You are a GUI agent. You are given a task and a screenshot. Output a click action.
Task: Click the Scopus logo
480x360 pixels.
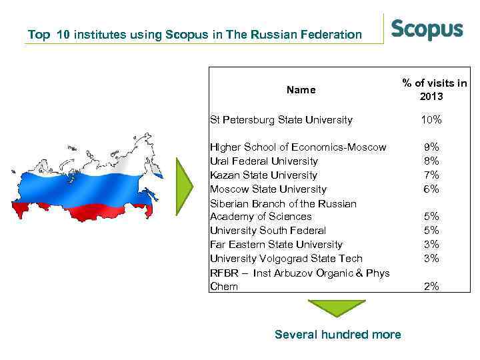click(x=426, y=30)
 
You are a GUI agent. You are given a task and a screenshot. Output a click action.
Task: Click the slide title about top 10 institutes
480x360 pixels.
click(x=195, y=34)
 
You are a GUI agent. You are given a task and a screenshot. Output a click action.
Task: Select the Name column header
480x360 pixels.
click(x=301, y=89)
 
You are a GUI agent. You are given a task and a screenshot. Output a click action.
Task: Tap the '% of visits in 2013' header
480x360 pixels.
click(x=434, y=89)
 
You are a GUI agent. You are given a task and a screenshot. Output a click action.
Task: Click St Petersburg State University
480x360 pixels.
click(x=281, y=120)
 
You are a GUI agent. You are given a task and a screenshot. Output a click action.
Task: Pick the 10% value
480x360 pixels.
click(x=431, y=120)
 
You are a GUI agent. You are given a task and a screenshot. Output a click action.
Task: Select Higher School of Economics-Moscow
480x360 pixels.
click(x=297, y=147)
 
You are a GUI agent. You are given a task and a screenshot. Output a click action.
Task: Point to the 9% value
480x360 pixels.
click(x=431, y=147)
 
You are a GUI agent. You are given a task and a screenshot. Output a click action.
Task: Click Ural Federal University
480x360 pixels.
click(x=263, y=161)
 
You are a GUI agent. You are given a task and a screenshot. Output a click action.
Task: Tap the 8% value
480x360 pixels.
click(x=431, y=161)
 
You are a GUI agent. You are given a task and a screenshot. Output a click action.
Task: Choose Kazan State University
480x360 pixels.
click(x=263, y=175)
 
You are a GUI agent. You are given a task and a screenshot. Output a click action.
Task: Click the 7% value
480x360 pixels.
click(x=431, y=175)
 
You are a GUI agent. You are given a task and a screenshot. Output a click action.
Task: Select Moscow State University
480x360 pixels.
click(x=268, y=189)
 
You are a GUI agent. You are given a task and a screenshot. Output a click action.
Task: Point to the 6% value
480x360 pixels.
click(x=431, y=189)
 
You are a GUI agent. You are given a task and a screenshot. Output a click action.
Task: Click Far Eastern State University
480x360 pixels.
click(x=276, y=244)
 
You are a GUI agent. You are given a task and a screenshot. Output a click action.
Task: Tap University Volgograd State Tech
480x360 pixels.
click(x=286, y=258)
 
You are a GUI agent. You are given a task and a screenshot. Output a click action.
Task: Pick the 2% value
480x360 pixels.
click(x=431, y=286)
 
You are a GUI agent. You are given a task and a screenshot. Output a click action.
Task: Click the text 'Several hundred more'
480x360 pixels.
click(x=337, y=334)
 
